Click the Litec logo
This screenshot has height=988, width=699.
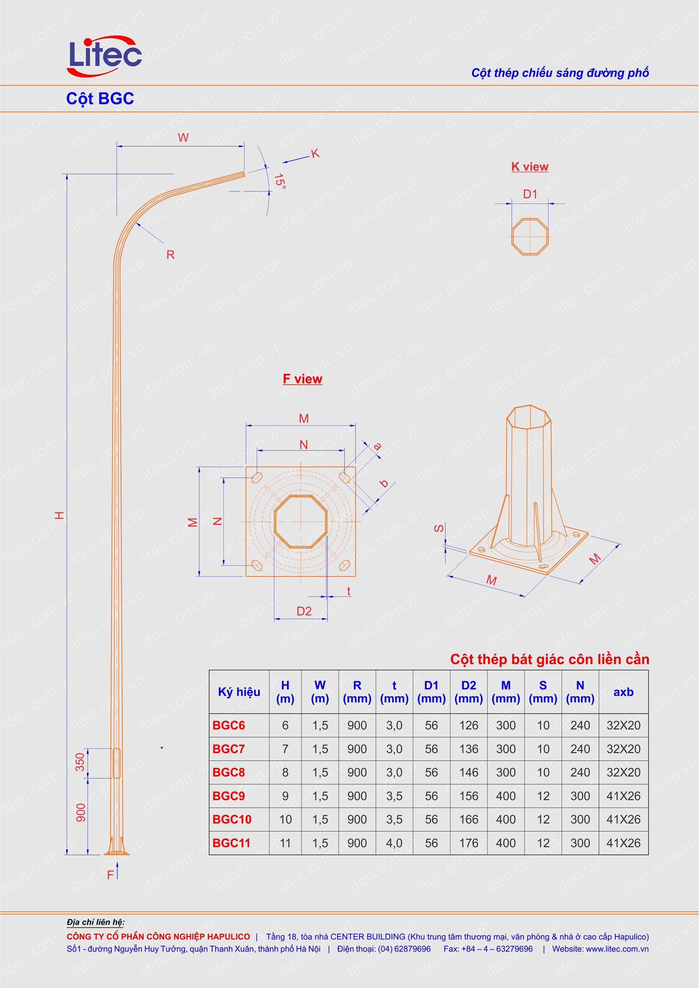(x=104, y=56)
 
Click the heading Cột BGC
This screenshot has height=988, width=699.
(x=100, y=99)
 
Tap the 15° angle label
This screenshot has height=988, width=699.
(x=279, y=181)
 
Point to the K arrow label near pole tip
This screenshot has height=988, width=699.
(x=315, y=153)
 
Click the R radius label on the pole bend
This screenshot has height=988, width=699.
(x=170, y=255)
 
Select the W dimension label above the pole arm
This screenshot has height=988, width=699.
(x=183, y=138)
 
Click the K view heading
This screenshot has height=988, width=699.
(x=529, y=167)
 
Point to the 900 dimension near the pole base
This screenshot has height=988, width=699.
(x=81, y=812)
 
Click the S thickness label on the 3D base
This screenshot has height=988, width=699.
(x=439, y=528)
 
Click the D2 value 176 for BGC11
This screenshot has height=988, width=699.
(x=468, y=843)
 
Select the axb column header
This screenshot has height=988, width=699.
(x=623, y=692)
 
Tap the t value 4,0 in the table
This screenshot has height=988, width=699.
(x=394, y=843)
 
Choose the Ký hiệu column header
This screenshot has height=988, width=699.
(x=239, y=692)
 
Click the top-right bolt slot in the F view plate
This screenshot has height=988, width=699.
(x=344, y=477)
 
